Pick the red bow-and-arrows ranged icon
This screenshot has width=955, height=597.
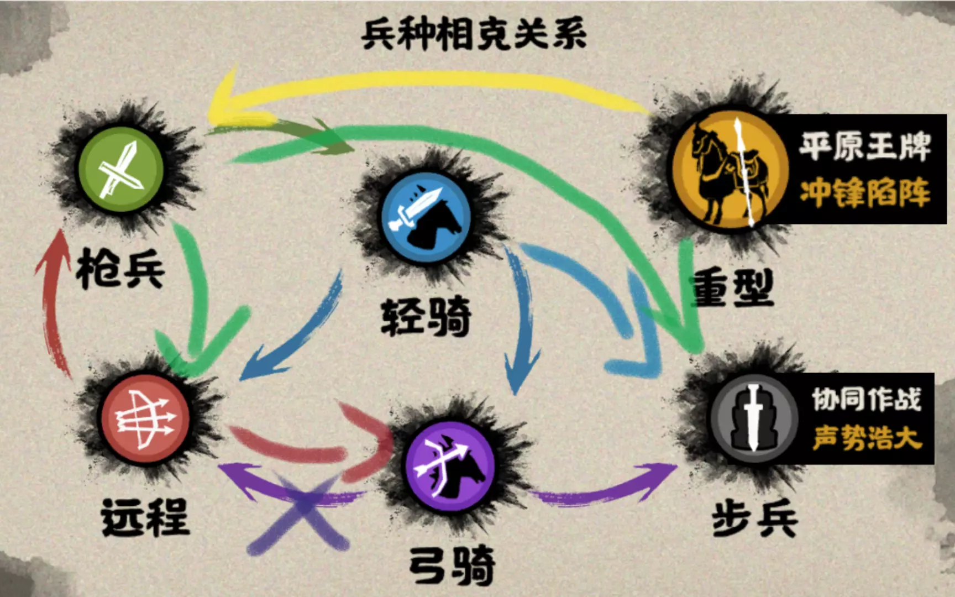pyautogui.click(x=145, y=419)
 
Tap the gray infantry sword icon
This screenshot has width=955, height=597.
pyautogui.click(x=754, y=418)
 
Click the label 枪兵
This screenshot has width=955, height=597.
pyautogui.click(x=120, y=269)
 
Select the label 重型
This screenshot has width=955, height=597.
pyautogui.click(x=732, y=287)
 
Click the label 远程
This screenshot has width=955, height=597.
pyautogui.click(x=145, y=517)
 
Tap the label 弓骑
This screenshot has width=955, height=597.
pyautogui.click(x=452, y=565)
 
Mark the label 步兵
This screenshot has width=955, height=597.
pyautogui.click(x=755, y=519)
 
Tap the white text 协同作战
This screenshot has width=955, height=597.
pyautogui.click(x=867, y=399)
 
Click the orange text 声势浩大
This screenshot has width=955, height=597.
pyautogui.click(x=867, y=438)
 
